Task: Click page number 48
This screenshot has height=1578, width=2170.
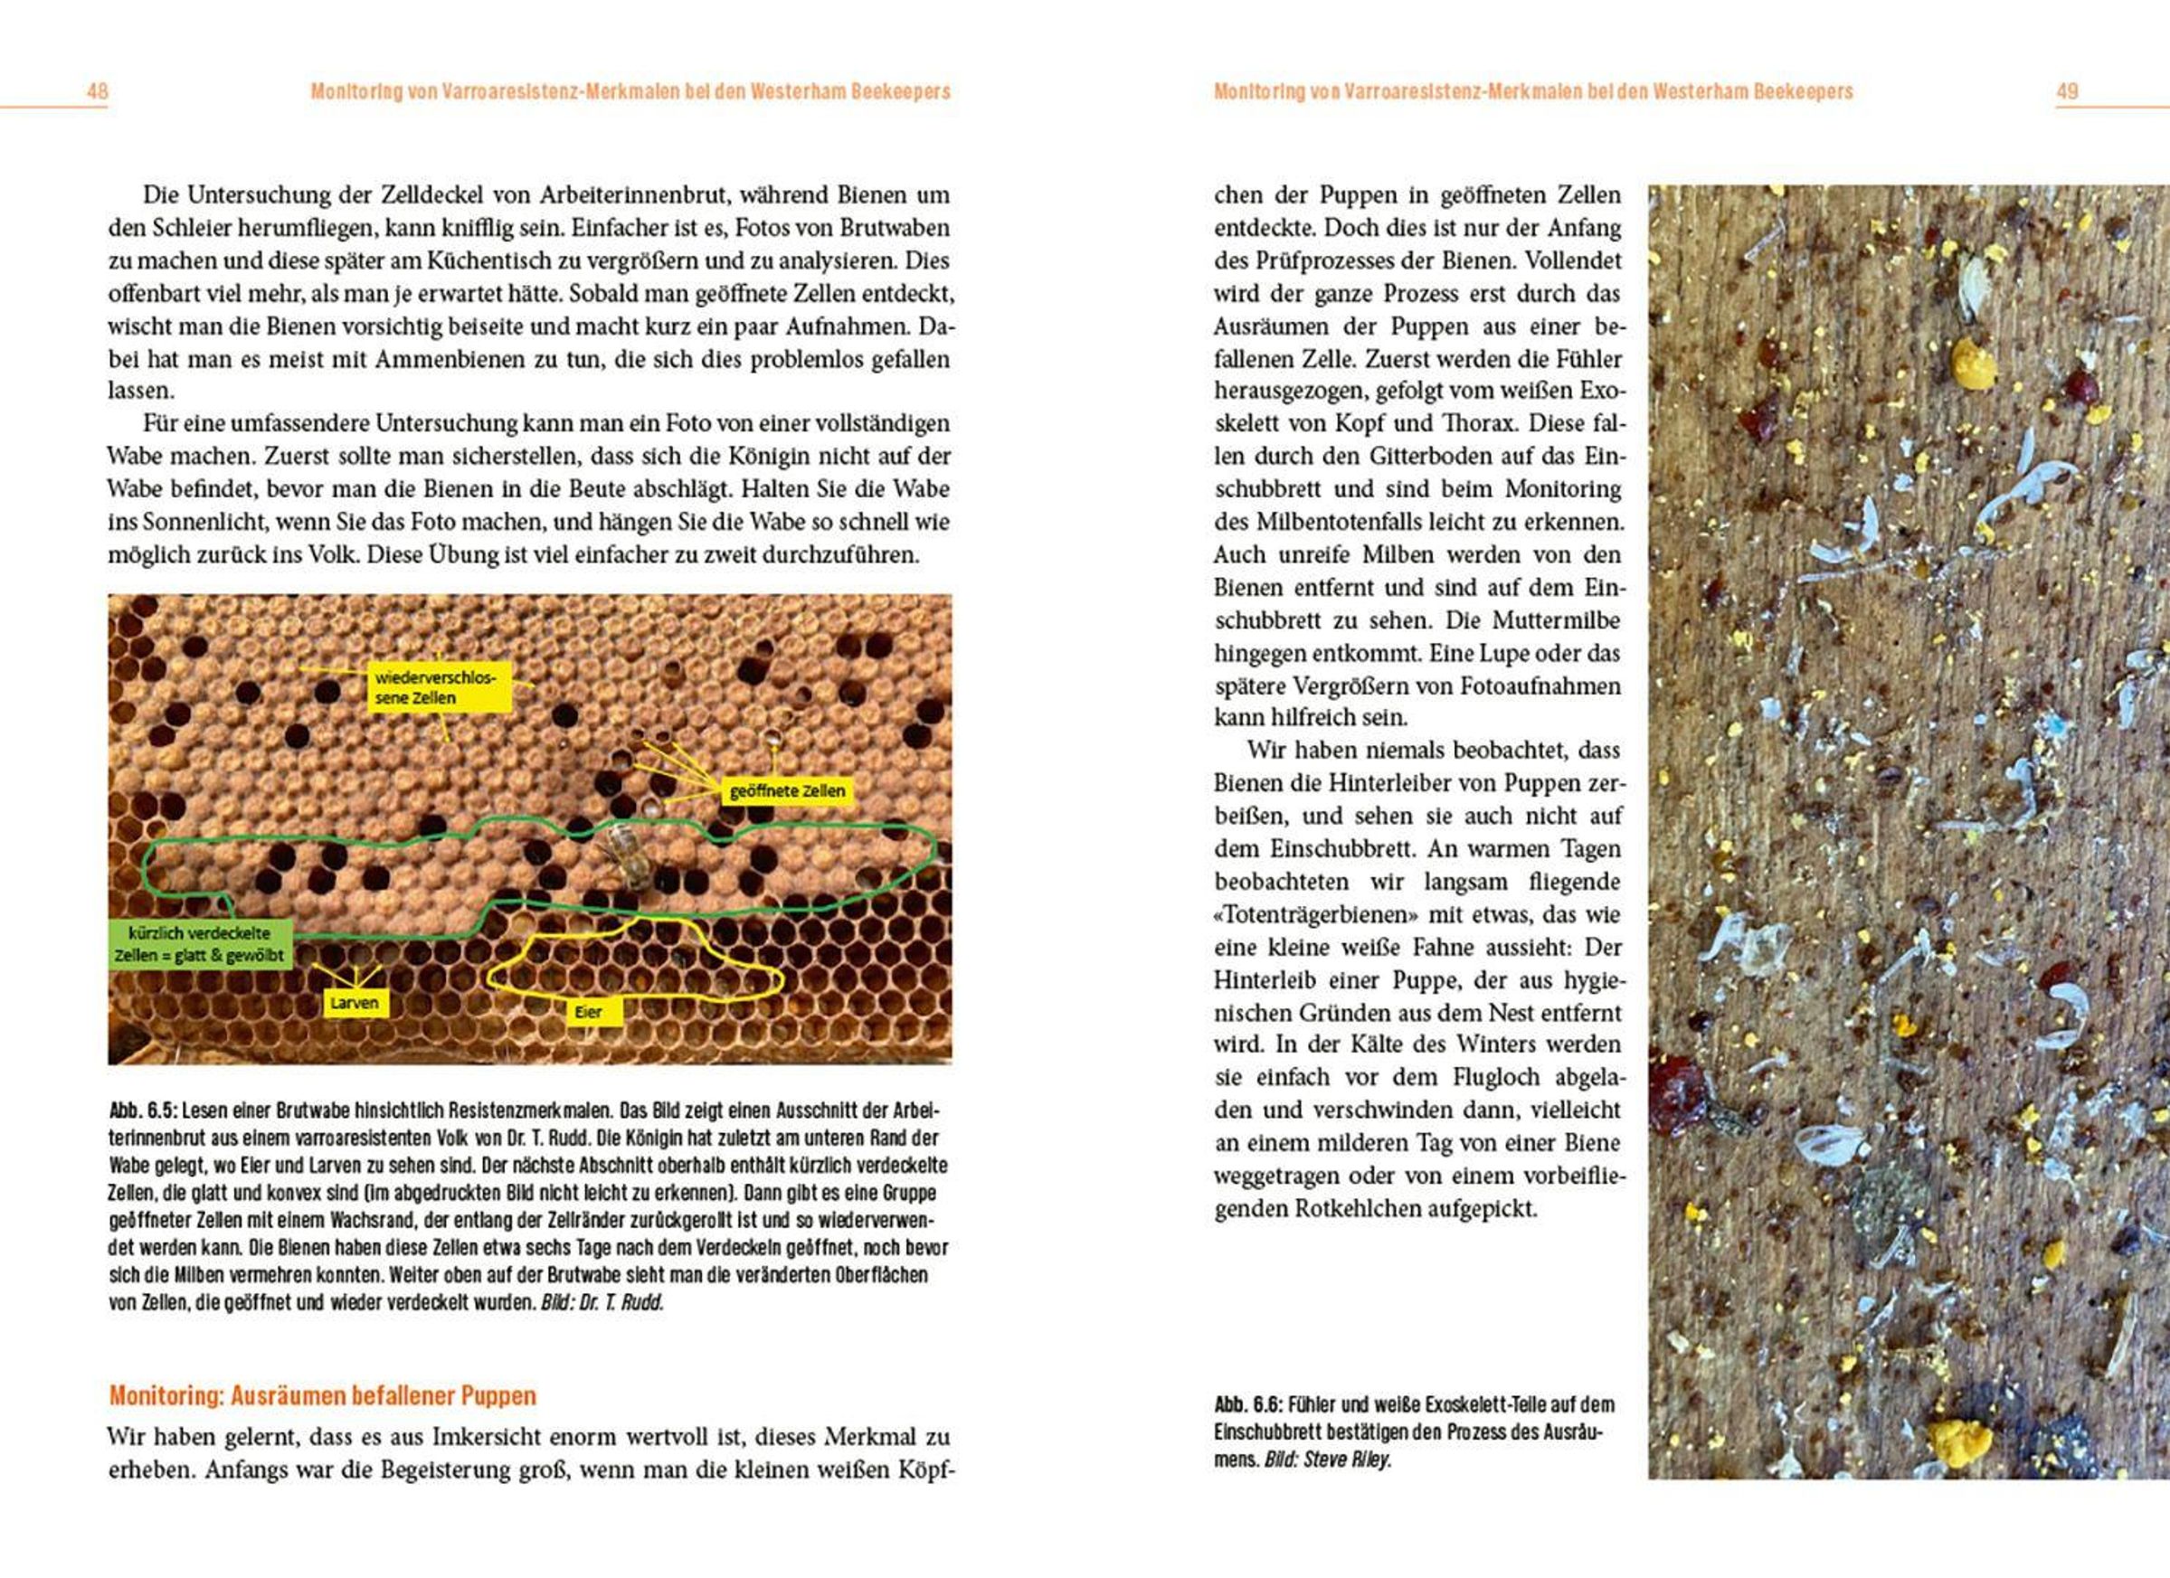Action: (x=98, y=92)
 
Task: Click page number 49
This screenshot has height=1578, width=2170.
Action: (x=2068, y=92)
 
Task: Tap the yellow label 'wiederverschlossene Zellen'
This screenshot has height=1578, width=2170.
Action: (x=435, y=687)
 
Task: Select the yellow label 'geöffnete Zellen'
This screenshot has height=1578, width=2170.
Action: (x=786, y=791)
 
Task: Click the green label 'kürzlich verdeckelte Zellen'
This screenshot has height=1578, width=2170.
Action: (x=198, y=944)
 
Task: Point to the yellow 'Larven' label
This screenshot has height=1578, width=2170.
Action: (x=354, y=1003)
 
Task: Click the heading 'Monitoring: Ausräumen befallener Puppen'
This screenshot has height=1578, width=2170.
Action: (x=322, y=1395)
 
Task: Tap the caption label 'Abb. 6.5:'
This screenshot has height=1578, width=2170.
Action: (x=143, y=1111)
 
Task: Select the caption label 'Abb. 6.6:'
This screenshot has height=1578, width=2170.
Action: (x=1247, y=1405)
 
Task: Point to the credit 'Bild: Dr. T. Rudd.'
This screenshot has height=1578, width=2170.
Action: (x=602, y=1302)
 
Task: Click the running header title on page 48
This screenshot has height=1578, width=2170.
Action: (x=630, y=92)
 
